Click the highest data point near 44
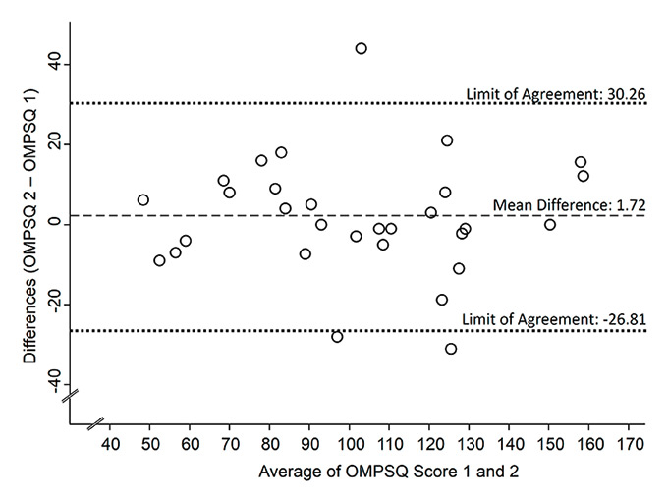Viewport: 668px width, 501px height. point(361,48)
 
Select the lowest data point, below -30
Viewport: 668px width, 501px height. point(451,349)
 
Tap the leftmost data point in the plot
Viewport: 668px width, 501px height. point(143,200)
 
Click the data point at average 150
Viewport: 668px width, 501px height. point(550,225)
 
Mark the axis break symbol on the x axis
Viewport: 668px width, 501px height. point(95,425)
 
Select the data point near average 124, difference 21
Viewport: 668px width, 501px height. point(447,141)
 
